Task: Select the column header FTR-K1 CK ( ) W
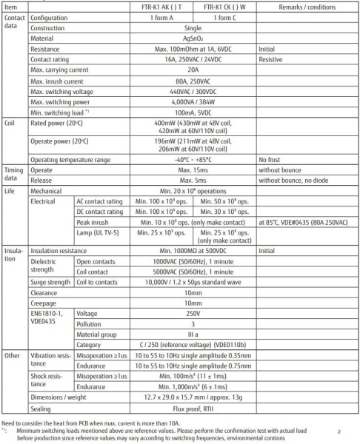(x=221, y=6)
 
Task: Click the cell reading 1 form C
(x=221, y=17)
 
